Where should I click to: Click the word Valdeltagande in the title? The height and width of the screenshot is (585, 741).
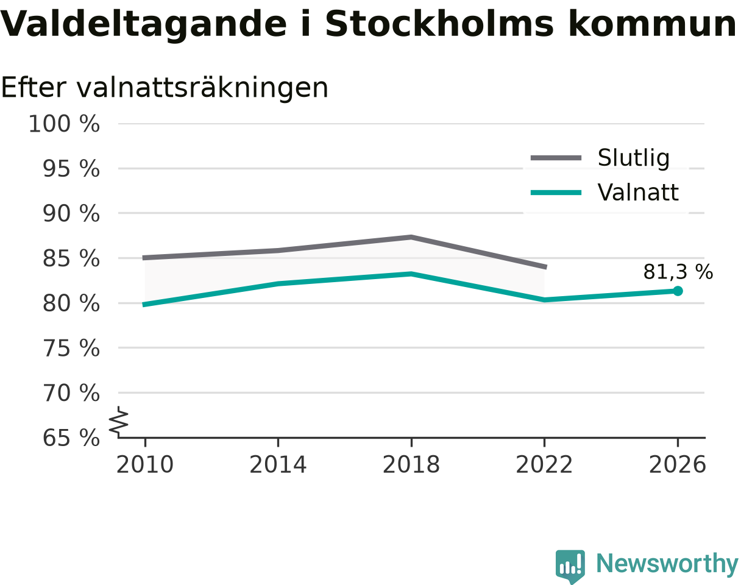pos(143,25)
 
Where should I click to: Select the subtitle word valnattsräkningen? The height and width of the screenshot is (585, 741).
pos(202,88)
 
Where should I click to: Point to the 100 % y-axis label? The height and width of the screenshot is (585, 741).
pos(64,124)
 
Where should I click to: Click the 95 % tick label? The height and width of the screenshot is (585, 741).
pos(71,169)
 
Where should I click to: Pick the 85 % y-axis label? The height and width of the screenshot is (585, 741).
pos(71,258)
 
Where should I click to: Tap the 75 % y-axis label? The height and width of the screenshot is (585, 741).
pos(71,349)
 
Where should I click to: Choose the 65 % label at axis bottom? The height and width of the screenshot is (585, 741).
pos(71,438)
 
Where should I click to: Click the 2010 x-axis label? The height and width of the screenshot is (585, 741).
pos(145,465)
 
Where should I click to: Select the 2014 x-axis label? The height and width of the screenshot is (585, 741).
pos(278,465)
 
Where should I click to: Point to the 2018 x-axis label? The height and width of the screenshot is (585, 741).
pos(411,465)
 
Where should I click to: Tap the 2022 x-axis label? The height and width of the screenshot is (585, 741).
pos(544,465)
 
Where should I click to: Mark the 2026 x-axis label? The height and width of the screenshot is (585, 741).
pos(677,465)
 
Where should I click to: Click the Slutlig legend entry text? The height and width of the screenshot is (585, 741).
pos(634,158)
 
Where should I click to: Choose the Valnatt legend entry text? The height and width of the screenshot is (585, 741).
pos(638,192)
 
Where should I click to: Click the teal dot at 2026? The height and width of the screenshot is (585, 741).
pos(678,291)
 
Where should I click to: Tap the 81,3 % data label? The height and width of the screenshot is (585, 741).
pos(678,272)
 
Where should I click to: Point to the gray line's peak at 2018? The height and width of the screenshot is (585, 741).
pos(411,237)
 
